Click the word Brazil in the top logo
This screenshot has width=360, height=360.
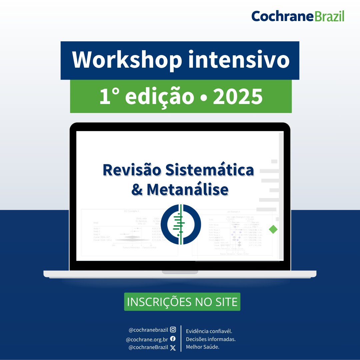[329, 16]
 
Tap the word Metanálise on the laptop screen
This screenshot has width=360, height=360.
[187, 189]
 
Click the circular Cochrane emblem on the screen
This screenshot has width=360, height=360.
[180, 224]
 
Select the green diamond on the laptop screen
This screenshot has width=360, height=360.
[273, 229]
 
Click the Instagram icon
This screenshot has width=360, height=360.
[173, 330]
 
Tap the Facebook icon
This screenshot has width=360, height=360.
[173, 339]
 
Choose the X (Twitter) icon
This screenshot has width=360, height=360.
[173, 348]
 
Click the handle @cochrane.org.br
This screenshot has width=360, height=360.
[147, 339]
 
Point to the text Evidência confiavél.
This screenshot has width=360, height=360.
[209, 331]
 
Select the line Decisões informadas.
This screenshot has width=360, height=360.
[211, 339]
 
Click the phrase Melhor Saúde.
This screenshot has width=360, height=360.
[203, 347]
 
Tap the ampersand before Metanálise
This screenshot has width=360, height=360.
[137, 189]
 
